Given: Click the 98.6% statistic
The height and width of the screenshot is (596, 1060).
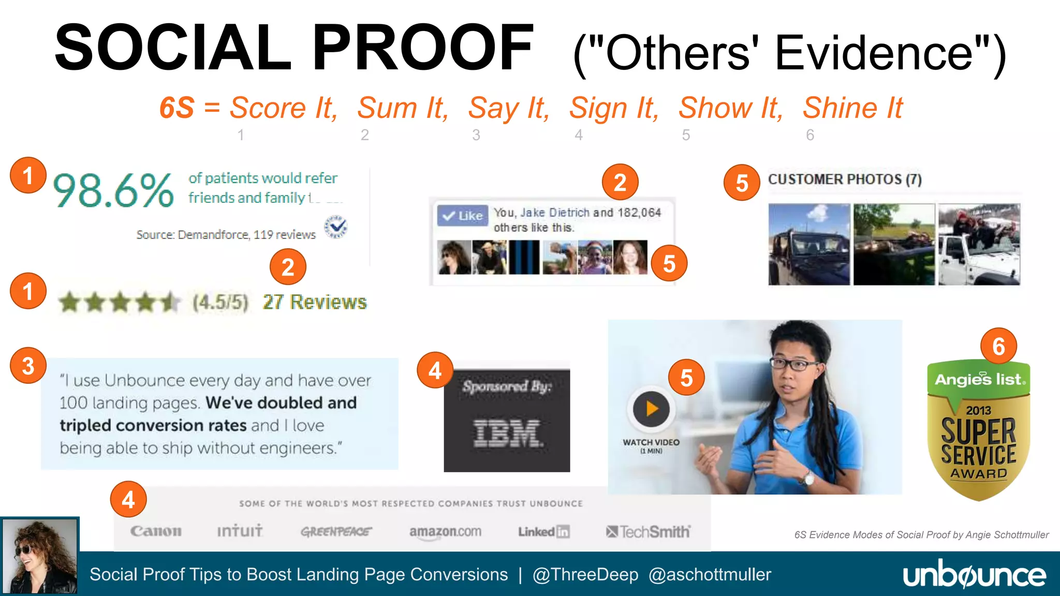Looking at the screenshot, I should (113, 190).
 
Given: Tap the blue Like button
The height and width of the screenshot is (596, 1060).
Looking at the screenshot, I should (463, 215).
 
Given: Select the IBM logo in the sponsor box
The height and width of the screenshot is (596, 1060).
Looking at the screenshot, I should (507, 433).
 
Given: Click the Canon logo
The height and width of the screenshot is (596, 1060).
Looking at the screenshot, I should (156, 531).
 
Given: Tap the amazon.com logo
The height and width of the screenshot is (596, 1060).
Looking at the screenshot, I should (445, 531).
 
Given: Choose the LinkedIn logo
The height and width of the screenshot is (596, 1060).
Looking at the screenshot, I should (543, 532).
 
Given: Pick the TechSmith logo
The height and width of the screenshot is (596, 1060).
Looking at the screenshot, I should (648, 532).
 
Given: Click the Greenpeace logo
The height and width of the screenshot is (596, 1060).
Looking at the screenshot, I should (336, 532).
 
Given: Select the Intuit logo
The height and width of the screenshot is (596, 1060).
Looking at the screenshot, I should (240, 531).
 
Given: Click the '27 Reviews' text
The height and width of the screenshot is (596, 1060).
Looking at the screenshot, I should (315, 302).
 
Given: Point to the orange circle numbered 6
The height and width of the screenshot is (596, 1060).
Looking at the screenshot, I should (998, 346).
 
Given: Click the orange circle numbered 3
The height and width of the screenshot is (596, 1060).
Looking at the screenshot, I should (28, 365).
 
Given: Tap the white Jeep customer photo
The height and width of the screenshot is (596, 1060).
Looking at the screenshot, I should (979, 244).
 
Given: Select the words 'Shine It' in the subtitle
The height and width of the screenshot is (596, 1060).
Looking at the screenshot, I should (852, 108).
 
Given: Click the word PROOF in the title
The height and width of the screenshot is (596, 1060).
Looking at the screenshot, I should (423, 48).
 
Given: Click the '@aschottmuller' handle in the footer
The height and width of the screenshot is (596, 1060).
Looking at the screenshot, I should (710, 574).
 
